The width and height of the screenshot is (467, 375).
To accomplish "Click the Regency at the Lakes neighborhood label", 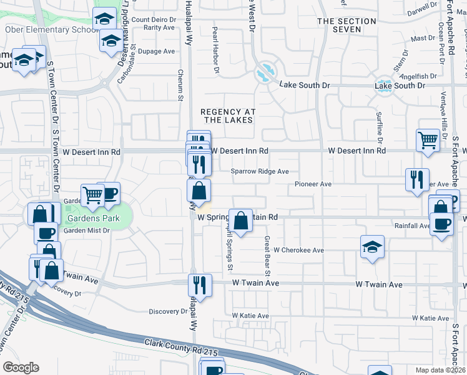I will pyautogui.click(x=229, y=116).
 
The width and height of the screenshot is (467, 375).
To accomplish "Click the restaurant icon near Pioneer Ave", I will pyautogui.click(x=416, y=179).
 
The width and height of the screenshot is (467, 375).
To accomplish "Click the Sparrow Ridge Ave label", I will pyautogui.click(x=260, y=171).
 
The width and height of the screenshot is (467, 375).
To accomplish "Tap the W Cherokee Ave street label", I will pyautogui.click(x=298, y=250).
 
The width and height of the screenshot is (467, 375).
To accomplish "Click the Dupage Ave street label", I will pyautogui.click(x=156, y=51).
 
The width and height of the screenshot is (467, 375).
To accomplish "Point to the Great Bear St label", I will pyautogui.click(x=267, y=256).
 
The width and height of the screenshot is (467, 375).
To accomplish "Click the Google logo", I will pyautogui.click(x=21, y=367).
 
